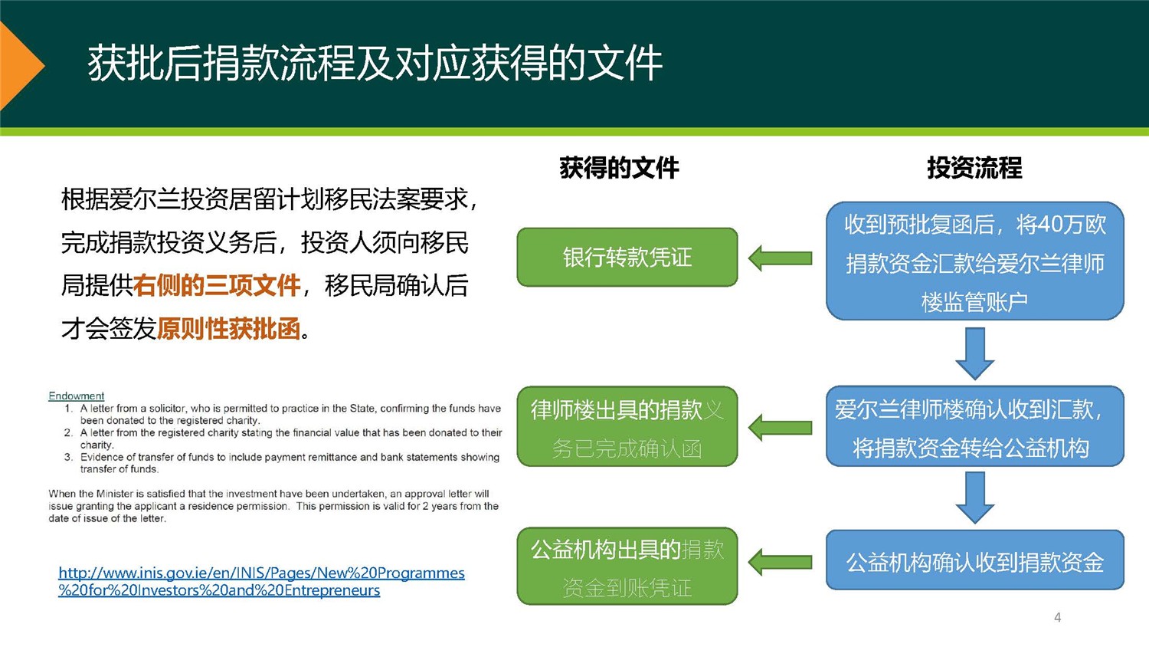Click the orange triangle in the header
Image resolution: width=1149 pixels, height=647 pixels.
pyautogui.click(x=18, y=66)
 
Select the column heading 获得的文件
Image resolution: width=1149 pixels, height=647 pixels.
pyautogui.click(x=619, y=168)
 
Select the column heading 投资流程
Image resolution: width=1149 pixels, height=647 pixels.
pyautogui.click(x=974, y=168)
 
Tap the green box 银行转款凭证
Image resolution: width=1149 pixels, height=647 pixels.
pyautogui.click(x=627, y=258)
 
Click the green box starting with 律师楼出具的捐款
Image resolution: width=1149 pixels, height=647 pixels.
pyautogui.click(x=627, y=427)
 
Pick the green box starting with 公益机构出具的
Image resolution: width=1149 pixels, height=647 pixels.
pyautogui.click(x=627, y=567)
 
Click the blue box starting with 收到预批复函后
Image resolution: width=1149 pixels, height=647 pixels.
pyautogui.click(x=974, y=261)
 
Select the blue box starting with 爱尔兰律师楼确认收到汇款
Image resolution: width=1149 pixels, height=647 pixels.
pyautogui.click(x=974, y=427)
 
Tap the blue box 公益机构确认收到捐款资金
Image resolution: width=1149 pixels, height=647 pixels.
pyautogui.click(x=974, y=561)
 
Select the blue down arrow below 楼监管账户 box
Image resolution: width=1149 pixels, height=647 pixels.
pyautogui.click(x=974, y=353)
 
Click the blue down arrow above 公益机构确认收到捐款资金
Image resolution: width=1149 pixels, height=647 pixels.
pyautogui.click(x=974, y=498)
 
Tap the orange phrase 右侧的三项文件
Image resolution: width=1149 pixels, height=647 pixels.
pyautogui.click(x=217, y=286)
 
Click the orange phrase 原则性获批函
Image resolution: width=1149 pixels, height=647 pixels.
pyautogui.click(x=229, y=329)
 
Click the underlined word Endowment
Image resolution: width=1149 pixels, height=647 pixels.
pyautogui.click(x=76, y=396)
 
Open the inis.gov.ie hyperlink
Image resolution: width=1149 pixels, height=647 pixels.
pyautogui.click(x=261, y=581)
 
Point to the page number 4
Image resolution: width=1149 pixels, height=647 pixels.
pyautogui.click(x=1057, y=617)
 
